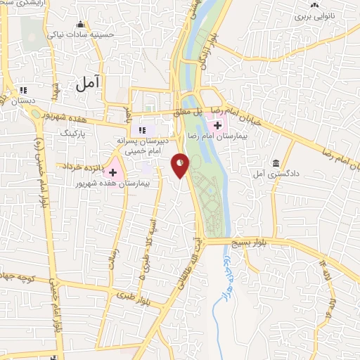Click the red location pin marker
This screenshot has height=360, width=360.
180,166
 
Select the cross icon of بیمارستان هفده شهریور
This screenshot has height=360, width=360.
112,172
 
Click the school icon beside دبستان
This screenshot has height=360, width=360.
23,90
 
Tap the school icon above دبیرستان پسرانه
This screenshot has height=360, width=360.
142,129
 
